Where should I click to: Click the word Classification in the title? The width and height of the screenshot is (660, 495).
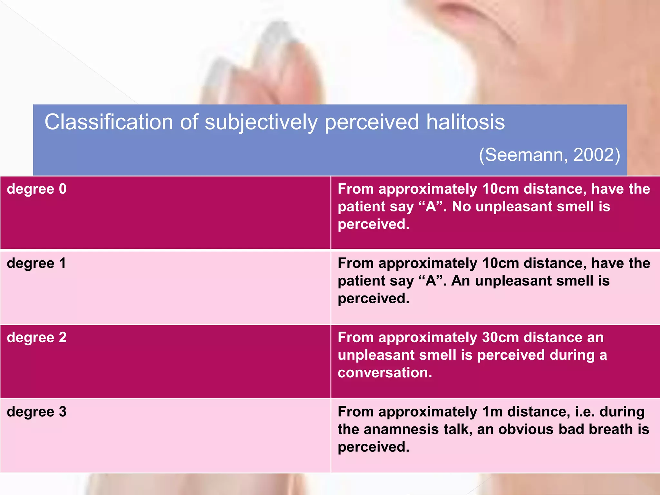(x=109, y=122)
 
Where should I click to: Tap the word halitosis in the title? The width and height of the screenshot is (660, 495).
(x=465, y=122)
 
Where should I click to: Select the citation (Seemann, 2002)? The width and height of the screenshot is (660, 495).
(x=549, y=155)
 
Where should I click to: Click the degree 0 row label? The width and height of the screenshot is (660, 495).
(x=37, y=189)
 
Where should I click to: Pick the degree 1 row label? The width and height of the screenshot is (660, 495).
(x=36, y=263)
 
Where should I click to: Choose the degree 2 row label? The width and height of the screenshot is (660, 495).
(x=37, y=337)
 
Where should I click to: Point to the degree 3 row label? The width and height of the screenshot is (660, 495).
(x=37, y=412)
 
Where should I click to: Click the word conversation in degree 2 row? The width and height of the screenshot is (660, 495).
(x=385, y=373)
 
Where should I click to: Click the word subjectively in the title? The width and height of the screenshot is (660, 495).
(x=261, y=123)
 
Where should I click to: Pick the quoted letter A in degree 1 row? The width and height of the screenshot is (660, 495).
(x=431, y=281)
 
